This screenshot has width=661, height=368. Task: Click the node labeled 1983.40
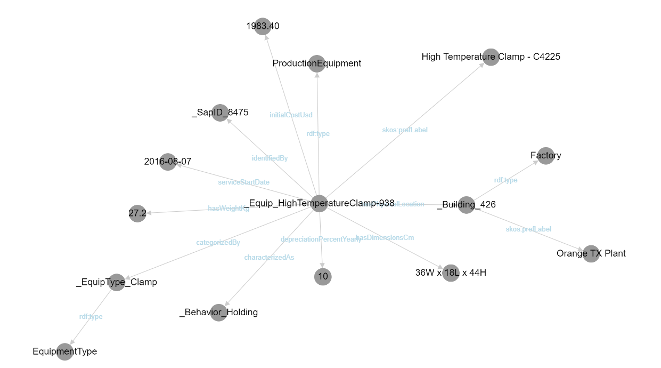(263, 26)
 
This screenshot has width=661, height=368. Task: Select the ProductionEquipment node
(317, 63)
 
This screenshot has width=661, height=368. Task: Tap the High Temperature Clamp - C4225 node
(491, 57)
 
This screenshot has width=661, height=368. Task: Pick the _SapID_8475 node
(220, 113)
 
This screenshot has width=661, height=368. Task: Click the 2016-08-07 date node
(168, 162)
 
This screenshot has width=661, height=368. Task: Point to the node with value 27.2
(137, 213)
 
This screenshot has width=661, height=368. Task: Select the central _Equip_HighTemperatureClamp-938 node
(319, 203)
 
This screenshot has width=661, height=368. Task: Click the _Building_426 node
(466, 205)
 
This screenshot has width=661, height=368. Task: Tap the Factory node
(545, 156)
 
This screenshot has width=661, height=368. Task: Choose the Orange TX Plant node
(591, 253)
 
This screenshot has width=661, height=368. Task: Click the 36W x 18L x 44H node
(451, 273)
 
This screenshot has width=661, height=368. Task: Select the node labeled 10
(323, 276)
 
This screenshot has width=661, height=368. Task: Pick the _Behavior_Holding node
(218, 313)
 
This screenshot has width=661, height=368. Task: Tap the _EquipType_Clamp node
(116, 282)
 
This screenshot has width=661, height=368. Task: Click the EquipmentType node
(64, 351)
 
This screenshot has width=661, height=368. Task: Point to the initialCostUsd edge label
(291, 115)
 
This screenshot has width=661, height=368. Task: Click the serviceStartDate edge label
(243, 182)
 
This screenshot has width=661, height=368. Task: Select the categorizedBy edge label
(218, 243)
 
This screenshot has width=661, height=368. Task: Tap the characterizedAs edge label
(269, 258)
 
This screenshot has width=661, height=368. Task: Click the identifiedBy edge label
(270, 158)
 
